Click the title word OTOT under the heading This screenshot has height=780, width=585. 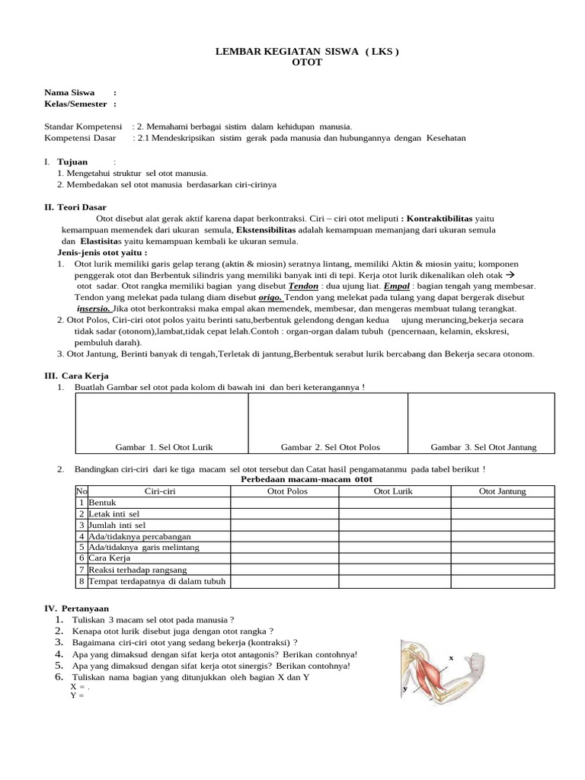(307, 62)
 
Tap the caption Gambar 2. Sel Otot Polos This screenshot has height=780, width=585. (330, 447)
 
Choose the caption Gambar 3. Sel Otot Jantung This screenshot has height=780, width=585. (484, 447)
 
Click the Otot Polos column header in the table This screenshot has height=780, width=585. (285, 491)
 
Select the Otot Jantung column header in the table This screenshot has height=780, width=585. (502, 491)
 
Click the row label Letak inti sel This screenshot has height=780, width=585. (117, 514)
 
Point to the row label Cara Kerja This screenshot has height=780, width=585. (110, 558)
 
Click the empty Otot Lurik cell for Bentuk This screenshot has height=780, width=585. (394, 503)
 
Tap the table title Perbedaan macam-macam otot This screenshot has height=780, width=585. (305, 480)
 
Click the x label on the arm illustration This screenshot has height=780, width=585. (451, 657)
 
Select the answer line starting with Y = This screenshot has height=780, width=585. (75, 695)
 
